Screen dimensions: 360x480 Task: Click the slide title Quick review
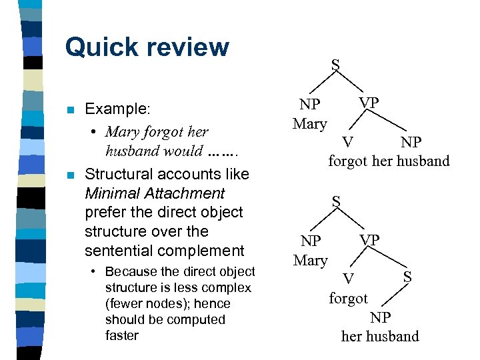pyautogui.click(x=147, y=47)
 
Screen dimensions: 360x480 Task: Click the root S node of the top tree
pyautogui.click(x=335, y=65)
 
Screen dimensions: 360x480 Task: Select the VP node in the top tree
pyautogui.click(x=369, y=103)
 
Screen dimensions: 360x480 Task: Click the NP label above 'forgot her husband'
pyautogui.click(x=411, y=142)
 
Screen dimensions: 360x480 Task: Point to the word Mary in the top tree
pyautogui.click(x=310, y=123)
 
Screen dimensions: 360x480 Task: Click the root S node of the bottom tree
pyautogui.click(x=337, y=201)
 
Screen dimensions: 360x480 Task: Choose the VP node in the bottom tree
pyautogui.click(x=369, y=239)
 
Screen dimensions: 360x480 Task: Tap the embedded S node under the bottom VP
pyautogui.click(x=407, y=275)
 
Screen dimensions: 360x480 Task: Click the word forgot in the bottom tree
pyautogui.click(x=348, y=298)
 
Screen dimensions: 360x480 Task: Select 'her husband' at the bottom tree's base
pyautogui.click(x=380, y=336)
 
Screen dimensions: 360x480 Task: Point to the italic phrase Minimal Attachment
pyautogui.click(x=155, y=193)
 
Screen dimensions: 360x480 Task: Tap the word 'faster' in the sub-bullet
pyautogui.click(x=122, y=335)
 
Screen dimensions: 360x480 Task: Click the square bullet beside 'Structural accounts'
pyautogui.click(x=69, y=175)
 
